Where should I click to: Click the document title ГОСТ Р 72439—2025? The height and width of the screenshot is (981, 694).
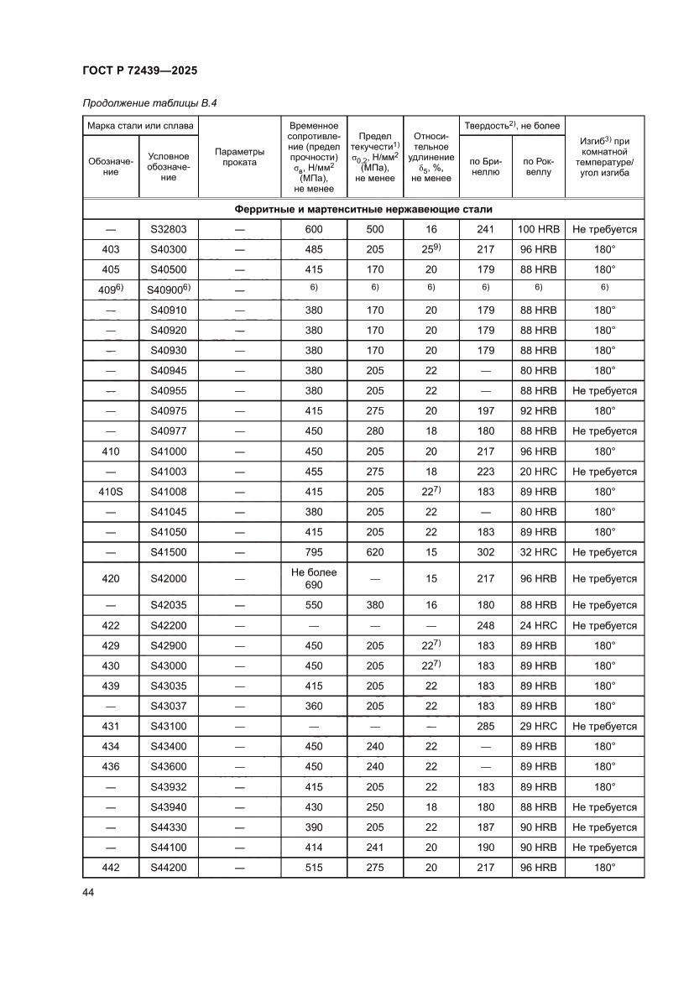click(140, 71)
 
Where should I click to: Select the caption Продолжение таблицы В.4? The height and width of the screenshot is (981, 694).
click(145, 104)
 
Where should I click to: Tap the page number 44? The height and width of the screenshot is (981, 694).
click(88, 892)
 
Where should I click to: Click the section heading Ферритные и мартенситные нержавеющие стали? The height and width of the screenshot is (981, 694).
click(363, 209)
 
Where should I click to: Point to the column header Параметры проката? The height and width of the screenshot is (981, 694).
click(239, 157)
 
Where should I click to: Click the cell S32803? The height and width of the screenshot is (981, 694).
click(169, 229)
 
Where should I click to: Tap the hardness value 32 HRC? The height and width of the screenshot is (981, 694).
click(538, 552)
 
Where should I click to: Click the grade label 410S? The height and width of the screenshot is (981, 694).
click(111, 492)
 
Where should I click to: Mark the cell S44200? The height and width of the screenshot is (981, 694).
click(169, 868)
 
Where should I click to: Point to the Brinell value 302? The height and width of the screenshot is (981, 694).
click(485, 552)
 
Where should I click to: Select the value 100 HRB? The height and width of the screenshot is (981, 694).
click(538, 229)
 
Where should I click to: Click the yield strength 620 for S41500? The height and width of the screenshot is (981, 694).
click(375, 552)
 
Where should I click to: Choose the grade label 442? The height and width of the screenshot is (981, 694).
click(111, 868)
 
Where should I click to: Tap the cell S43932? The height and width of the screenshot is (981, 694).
click(169, 787)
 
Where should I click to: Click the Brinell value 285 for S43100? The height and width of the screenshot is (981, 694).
click(485, 726)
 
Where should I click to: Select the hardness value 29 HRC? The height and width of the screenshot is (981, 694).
click(538, 726)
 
